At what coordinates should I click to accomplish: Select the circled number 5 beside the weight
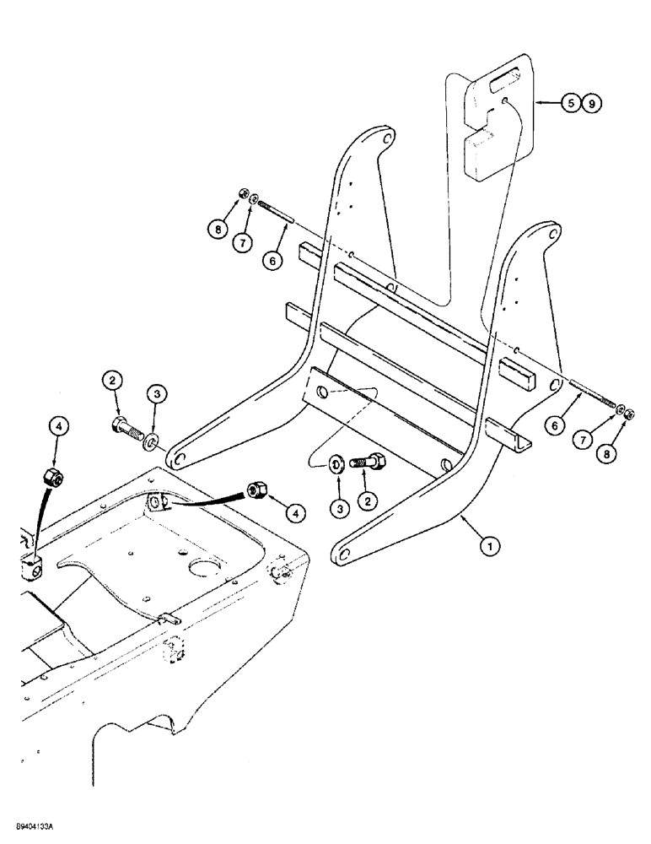[571, 104]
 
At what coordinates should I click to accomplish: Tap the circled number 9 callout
[592, 104]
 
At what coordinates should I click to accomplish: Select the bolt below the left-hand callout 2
[128, 426]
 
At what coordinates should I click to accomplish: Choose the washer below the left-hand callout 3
[152, 440]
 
